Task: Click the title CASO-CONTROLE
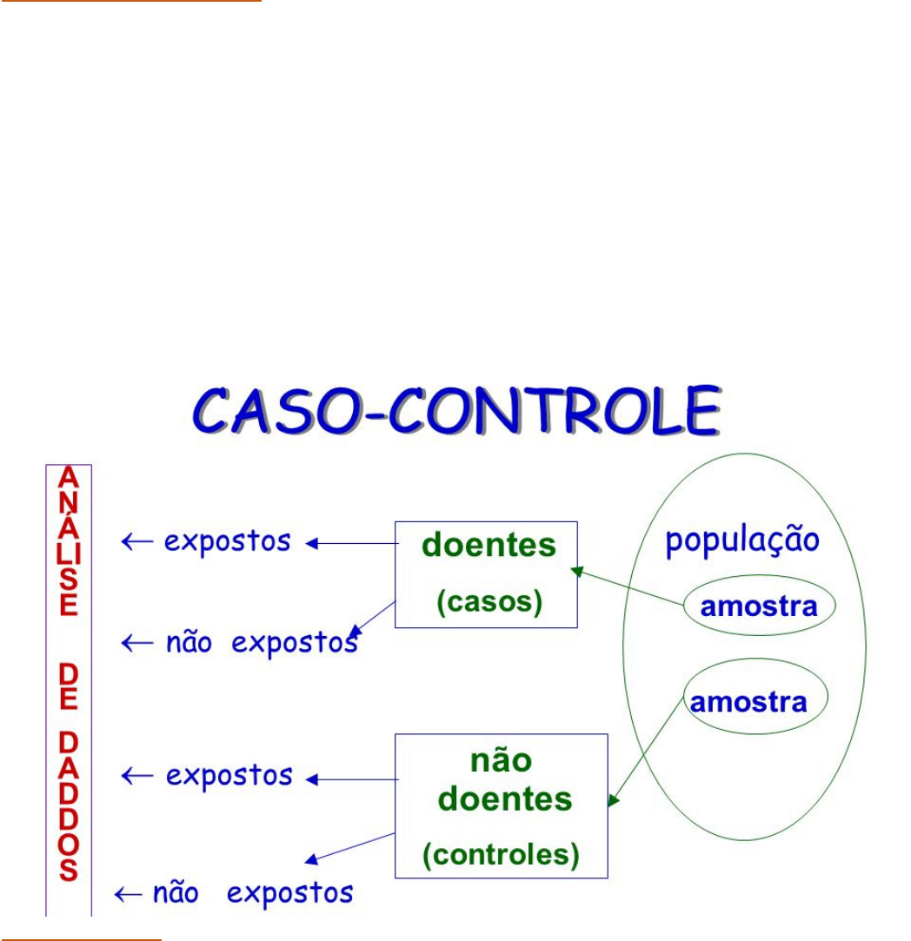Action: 456,414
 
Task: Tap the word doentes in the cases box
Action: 488,546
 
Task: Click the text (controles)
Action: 501,855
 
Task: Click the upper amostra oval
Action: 759,606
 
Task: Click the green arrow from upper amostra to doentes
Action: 628,587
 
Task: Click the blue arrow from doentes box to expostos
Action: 352,544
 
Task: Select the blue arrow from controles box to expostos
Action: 352,780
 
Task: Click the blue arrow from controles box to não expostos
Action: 351,848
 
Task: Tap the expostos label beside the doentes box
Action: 228,541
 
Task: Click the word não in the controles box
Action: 500,760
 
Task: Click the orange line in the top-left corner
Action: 130,2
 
